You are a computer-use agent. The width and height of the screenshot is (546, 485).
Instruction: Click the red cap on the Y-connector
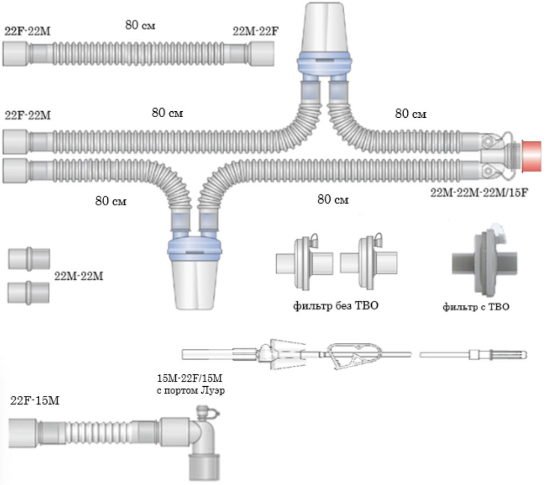pyautogui.click(x=533, y=154)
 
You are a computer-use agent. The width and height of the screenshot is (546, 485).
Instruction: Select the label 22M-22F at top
pyautogui.click(x=256, y=31)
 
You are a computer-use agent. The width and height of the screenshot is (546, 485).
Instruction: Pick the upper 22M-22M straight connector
pyautogui.click(x=29, y=258)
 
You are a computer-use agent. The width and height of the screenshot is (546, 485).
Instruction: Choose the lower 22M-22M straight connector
pyautogui.click(x=29, y=292)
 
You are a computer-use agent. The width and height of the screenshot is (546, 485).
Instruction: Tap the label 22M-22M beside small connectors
pyautogui.click(x=80, y=276)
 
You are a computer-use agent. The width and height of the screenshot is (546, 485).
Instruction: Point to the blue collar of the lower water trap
pyautogui.click(x=194, y=249)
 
